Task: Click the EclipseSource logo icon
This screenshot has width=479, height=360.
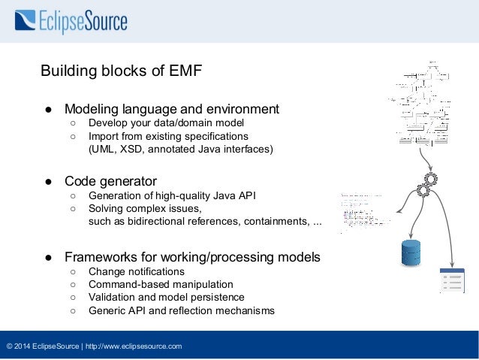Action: click(25, 20)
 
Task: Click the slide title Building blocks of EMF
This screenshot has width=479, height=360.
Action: click(120, 71)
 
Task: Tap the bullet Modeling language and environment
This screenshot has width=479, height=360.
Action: click(171, 108)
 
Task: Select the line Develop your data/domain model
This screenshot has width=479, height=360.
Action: click(166, 123)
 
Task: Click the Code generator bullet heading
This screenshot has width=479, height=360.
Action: click(110, 181)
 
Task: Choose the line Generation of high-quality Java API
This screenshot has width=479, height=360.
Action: click(172, 195)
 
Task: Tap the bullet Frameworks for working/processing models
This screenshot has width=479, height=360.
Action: click(192, 257)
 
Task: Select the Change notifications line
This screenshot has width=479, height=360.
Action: click(136, 271)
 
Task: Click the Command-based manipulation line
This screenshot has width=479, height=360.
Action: click(161, 285)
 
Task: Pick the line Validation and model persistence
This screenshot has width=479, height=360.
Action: click(171, 298)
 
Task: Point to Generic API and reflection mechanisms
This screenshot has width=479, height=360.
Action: click(181, 310)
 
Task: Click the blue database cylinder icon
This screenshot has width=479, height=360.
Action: click(411, 252)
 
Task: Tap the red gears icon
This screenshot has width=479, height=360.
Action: click(426, 185)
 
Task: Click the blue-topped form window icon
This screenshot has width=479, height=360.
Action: click(452, 280)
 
